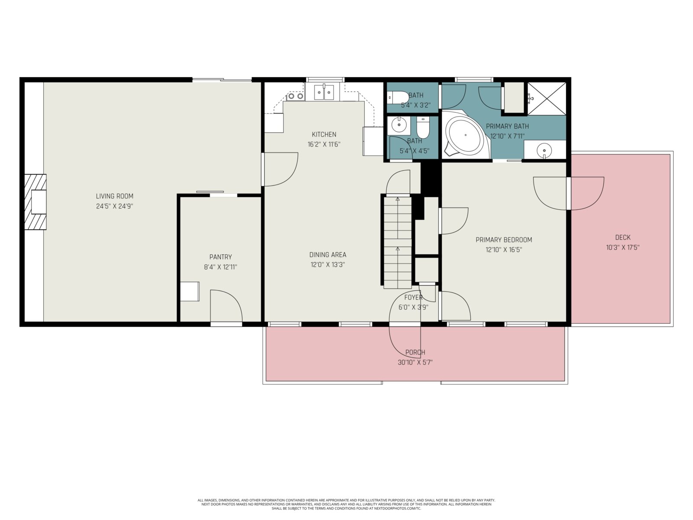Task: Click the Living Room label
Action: tap(115, 196)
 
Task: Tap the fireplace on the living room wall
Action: tap(36, 202)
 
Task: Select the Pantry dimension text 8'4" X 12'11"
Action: tap(220, 267)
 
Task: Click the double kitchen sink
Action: tap(324, 92)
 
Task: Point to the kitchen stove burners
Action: tap(296, 96)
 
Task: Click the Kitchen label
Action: tap(324, 134)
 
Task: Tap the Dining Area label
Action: tap(328, 255)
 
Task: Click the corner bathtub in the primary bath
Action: tap(465, 135)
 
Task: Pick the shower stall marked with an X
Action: tap(547, 98)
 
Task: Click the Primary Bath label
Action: tap(507, 126)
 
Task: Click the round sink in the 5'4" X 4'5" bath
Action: tap(399, 124)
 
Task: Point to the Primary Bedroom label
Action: tap(504, 240)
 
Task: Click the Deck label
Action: tap(623, 237)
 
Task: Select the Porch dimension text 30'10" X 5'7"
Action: tap(415, 362)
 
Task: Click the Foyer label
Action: tap(413, 297)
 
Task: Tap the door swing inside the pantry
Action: tap(226, 305)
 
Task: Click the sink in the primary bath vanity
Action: tap(544, 149)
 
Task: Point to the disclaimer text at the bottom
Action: tap(346, 504)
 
